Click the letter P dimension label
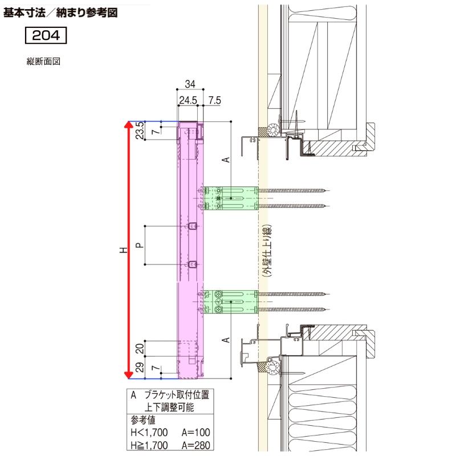140,245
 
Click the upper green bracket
231,198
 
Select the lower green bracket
231,302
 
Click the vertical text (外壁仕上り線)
266,250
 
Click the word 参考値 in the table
143,422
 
